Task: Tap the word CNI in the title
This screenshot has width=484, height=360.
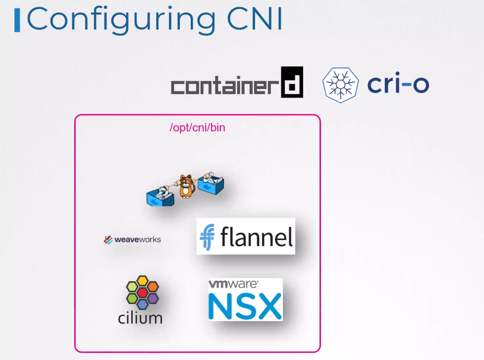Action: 255,18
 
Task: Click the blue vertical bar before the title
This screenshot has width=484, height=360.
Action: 17,20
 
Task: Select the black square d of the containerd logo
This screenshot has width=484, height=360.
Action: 292,82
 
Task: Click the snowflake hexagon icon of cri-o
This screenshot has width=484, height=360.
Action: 340,85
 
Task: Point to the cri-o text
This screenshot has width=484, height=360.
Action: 398,83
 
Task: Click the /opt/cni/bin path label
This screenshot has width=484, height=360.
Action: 197,128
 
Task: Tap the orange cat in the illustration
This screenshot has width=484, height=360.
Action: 186,186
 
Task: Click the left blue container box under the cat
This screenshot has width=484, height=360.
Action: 160,197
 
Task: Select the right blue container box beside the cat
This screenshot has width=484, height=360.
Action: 211,183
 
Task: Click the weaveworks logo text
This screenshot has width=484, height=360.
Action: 138,239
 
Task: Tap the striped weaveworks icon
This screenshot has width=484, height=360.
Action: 108,240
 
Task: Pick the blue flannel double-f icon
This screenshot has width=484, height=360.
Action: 207,237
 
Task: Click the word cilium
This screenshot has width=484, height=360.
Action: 140,318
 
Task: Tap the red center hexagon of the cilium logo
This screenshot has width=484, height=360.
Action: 142,292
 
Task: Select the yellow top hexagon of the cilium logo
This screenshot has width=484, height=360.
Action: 142,281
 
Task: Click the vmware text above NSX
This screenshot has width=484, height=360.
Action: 233,284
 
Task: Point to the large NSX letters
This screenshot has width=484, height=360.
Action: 245,306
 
